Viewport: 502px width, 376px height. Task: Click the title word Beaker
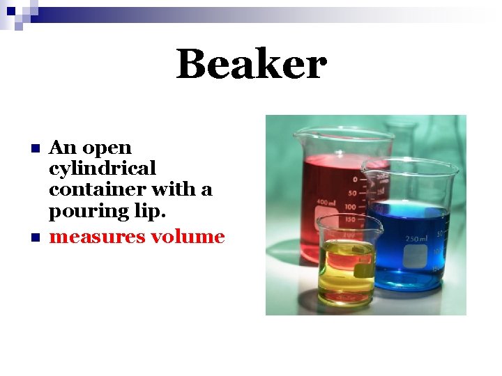click(251, 65)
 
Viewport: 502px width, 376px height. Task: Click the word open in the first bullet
click(107, 148)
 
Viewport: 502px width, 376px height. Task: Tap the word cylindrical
click(102, 169)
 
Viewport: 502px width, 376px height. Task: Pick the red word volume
click(188, 237)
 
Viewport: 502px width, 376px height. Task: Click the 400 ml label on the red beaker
click(326, 202)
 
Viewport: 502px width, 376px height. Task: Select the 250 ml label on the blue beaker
click(416, 239)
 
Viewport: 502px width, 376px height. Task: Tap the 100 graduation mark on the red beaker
click(349, 207)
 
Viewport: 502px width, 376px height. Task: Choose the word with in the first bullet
click(174, 189)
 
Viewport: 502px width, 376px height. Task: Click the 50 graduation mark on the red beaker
click(352, 193)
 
